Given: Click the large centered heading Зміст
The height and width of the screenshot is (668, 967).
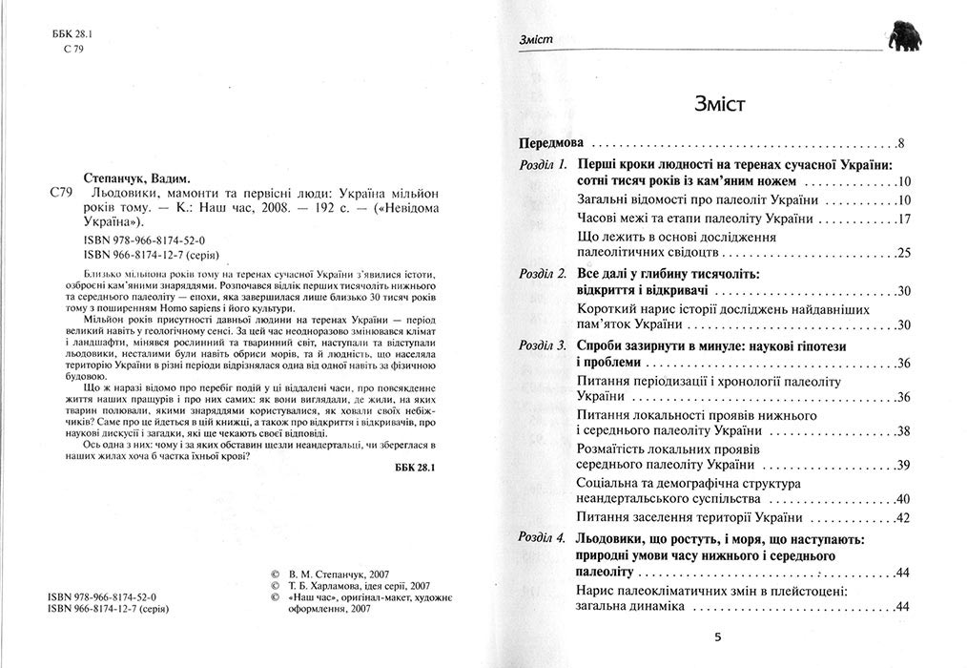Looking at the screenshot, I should point(710,102).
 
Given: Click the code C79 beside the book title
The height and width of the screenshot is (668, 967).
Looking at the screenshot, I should point(59,192).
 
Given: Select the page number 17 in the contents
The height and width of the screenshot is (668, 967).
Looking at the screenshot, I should point(904,219).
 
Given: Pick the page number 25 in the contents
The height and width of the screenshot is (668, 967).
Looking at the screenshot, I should point(904,253).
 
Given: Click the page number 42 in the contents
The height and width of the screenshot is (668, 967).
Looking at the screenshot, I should point(904,517).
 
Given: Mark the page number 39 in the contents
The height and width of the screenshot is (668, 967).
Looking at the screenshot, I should point(904,465).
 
